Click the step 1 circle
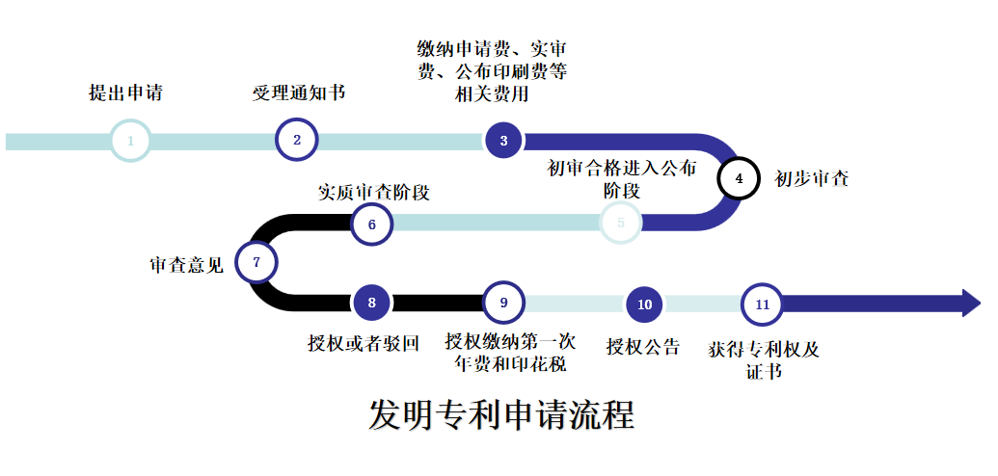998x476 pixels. [x=130, y=141]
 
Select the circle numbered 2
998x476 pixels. [x=297, y=140]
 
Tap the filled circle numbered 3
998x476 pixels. [x=503, y=141]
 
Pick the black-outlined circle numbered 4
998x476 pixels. [x=740, y=178]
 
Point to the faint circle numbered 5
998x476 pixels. [x=621, y=223]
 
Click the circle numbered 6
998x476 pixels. [x=372, y=224]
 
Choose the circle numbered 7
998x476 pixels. [x=256, y=262]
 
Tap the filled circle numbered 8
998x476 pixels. [x=372, y=303]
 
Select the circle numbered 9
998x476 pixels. [x=503, y=303]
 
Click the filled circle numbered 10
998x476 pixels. [x=645, y=304]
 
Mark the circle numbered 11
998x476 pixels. [x=763, y=304]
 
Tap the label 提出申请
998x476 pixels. [x=125, y=93]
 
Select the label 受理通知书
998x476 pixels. [x=299, y=93]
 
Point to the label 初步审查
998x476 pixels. [x=812, y=179]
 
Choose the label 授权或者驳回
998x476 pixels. [x=364, y=343]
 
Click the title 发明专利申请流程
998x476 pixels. [x=501, y=415]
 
